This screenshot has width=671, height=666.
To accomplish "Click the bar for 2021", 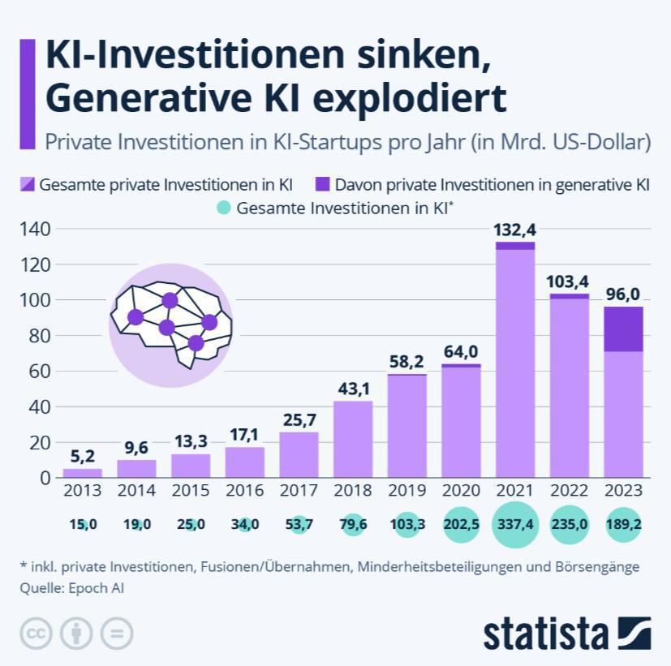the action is pos(515,359).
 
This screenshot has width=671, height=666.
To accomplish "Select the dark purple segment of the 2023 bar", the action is pos(623,329).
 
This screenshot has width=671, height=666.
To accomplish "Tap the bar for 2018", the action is pos(353,440).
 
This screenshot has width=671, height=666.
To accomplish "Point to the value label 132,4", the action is pos(514,230).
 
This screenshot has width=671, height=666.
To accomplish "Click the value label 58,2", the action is pos(406,362).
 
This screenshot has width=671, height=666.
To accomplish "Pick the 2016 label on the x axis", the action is pos(245,490).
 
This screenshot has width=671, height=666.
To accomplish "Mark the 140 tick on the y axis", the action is pos(35,229).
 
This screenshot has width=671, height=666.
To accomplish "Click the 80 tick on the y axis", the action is pos(40,336).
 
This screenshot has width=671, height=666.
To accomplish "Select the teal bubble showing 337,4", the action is pos(515,524).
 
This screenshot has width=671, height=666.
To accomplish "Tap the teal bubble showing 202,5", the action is pos(462,524).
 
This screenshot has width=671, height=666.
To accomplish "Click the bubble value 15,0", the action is pos(83,524).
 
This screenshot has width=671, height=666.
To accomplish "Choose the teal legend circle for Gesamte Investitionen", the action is pos(224,208).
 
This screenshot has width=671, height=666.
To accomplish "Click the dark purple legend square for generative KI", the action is pos(323,184).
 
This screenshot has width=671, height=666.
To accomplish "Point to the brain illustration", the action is pos(171,324).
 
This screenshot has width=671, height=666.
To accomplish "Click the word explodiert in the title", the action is pos(410,99).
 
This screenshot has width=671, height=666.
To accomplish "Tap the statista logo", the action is pos(567,634).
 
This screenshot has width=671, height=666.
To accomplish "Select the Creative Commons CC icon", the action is pos(37,634).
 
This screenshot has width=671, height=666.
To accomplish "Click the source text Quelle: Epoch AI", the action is pos(72,588).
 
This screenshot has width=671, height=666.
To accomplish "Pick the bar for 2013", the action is pos(83,473).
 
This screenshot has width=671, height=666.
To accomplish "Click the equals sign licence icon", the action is pos(117,634).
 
